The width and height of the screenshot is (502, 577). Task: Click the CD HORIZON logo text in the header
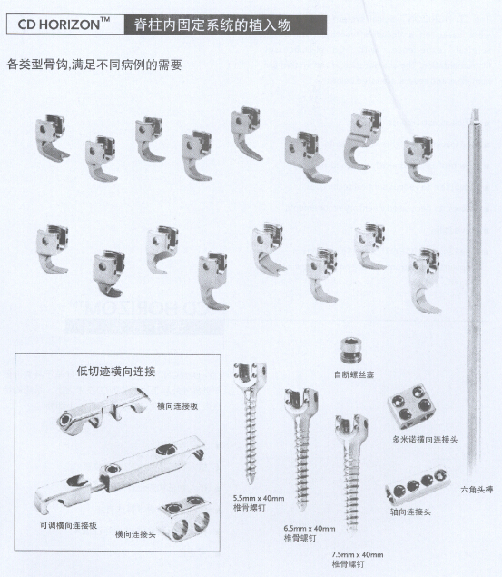point(64,25)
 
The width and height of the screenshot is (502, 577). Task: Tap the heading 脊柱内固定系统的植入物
point(212,25)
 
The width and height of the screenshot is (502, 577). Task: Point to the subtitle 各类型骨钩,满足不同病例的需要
point(94,65)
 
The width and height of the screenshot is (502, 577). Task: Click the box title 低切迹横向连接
point(116,372)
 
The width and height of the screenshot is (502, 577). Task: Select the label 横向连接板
point(178,406)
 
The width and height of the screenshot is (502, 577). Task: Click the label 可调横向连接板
point(68,525)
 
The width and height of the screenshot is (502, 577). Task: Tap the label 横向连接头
point(135,534)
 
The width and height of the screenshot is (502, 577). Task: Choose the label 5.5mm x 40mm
point(259,498)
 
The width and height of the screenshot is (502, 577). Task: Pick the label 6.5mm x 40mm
point(310,529)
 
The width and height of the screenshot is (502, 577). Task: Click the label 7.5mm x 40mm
point(358,554)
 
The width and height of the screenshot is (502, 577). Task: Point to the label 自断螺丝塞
point(354,374)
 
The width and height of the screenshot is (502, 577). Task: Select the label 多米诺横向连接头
point(425,439)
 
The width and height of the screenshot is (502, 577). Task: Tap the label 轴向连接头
point(410,512)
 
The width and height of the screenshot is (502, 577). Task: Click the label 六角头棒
point(477,490)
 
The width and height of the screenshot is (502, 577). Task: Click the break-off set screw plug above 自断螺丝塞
point(351,350)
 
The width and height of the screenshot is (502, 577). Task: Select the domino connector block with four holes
point(411,406)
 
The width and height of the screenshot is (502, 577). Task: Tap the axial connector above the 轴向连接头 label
point(418,485)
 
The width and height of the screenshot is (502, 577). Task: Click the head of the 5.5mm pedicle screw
point(250,374)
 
